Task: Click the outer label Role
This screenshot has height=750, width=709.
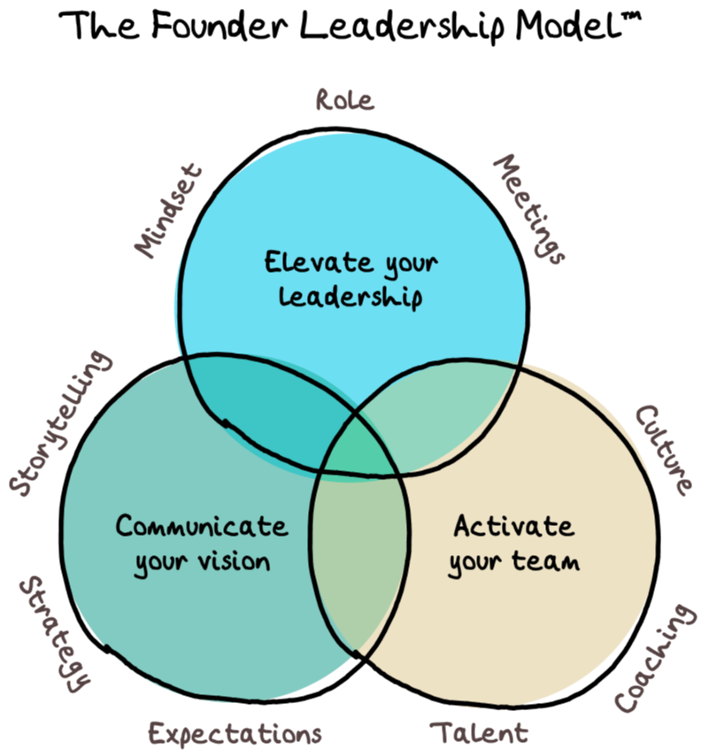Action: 344,100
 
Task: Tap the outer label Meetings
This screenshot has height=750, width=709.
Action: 528,209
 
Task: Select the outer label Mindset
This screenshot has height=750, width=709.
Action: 169,211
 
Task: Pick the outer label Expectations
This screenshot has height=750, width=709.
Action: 235,734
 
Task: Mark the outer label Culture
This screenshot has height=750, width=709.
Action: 664,449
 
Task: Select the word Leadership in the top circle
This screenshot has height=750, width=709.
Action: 351,296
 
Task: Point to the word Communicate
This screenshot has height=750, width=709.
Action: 202,526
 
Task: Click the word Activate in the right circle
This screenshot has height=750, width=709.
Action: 512,526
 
